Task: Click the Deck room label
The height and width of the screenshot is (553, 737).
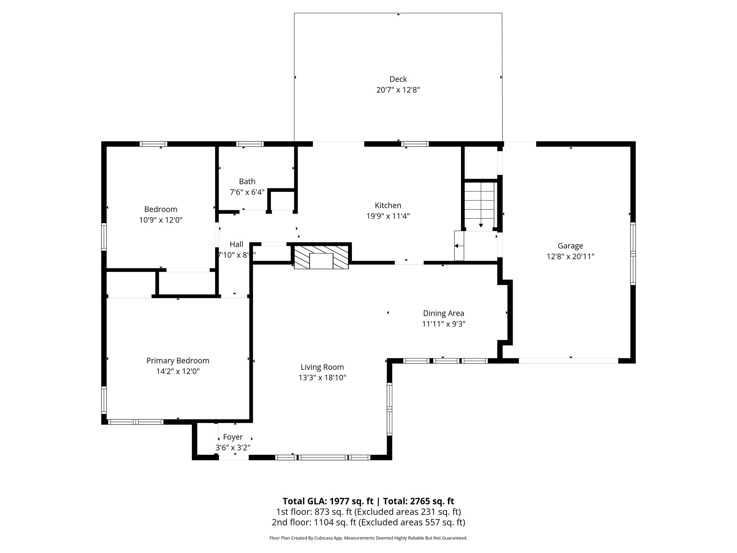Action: pos(398,79)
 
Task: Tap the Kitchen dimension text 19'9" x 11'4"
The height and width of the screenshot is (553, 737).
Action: pos(388,216)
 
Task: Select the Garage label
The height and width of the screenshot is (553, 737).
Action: pos(570,246)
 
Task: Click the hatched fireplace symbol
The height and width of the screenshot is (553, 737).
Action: pos(321,257)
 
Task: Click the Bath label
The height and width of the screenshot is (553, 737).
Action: pos(247,181)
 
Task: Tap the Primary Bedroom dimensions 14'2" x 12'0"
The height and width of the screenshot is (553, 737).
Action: pos(178,372)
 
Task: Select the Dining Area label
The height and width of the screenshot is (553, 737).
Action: pos(443,314)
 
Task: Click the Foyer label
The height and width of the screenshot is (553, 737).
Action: pos(233,437)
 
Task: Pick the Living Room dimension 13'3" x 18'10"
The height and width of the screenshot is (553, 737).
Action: pos(322,378)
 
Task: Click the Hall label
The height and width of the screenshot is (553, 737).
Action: pos(236,244)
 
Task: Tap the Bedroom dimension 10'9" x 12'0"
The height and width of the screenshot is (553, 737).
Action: pos(161,220)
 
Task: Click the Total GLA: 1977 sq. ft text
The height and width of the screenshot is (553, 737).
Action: pos(328,501)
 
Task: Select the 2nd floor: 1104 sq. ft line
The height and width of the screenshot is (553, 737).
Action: pos(368,522)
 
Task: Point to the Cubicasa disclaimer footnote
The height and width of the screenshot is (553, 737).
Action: pos(368,538)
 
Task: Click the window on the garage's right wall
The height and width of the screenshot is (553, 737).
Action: pos(633,253)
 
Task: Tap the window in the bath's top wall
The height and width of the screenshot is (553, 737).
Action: pos(250,144)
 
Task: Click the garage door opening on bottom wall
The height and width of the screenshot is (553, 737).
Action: pos(568,361)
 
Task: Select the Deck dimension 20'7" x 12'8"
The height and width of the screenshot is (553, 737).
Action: pos(398,90)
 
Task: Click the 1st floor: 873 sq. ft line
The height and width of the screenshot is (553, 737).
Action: pos(368,512)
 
